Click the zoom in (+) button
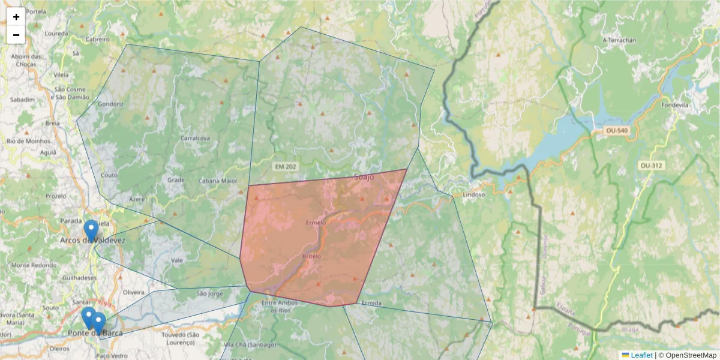[16, 17]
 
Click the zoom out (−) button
[16, 35]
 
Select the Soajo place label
[364, 177]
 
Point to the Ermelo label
[316, 223]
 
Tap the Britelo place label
[311, 256]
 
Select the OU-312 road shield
[652, 165]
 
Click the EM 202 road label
[286, 166]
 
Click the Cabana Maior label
[218, 181]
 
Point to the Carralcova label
[195, 138]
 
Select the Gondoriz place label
[110, 103]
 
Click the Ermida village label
[371, 303]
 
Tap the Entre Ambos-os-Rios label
[280, 307]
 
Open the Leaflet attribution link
[641, 355]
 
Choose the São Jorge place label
[210, 294]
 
